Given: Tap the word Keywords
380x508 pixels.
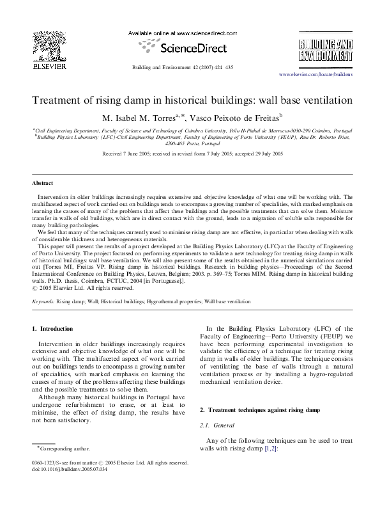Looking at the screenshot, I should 43,300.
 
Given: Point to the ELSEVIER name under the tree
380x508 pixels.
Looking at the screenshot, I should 45,65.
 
